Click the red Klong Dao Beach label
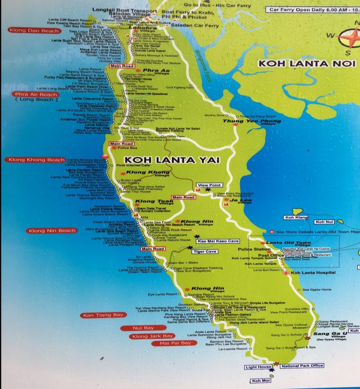coord(34,31)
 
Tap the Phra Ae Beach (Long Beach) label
coord(37,97)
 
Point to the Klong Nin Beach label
coord(52,231)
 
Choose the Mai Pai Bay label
coord(172,343)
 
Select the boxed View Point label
coord(209,185)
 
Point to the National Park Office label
coord(302,366)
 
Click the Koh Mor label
coord(261,381)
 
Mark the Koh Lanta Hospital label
coord(313,272)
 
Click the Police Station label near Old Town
coord(251,249)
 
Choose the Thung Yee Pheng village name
coord(252,121)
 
